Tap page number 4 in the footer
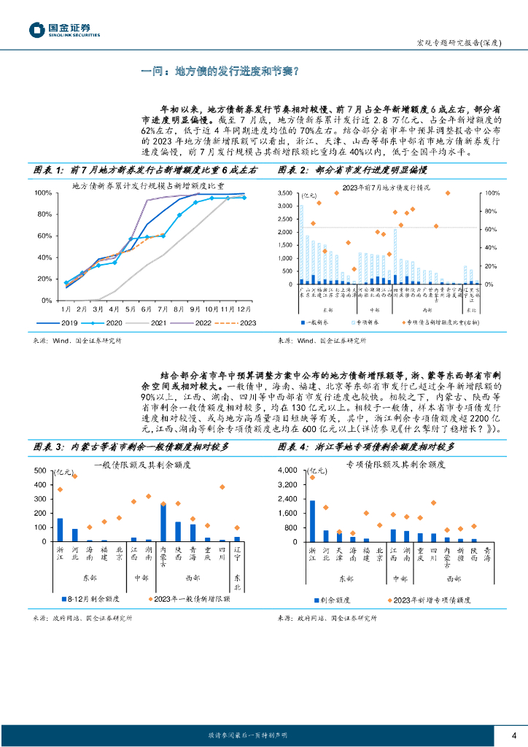[514, 734]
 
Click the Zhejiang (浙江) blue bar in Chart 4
[312, 521]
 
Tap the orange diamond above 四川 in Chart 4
[433, 503]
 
